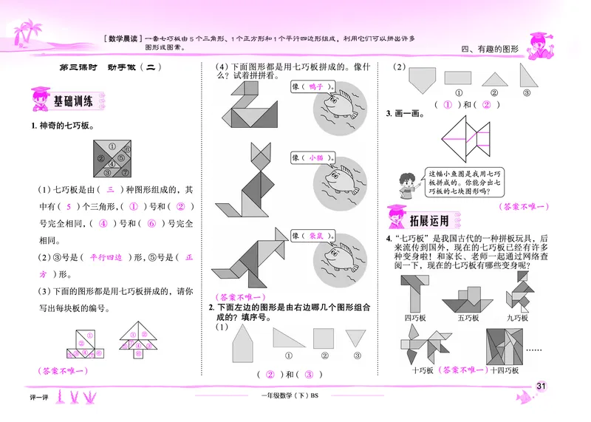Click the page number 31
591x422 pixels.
541,386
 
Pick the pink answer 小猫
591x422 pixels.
318,157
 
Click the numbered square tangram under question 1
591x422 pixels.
112,157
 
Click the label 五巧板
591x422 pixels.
468,318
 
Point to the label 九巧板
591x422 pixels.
517,318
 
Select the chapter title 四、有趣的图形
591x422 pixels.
491,49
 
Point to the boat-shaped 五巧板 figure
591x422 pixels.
467,297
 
